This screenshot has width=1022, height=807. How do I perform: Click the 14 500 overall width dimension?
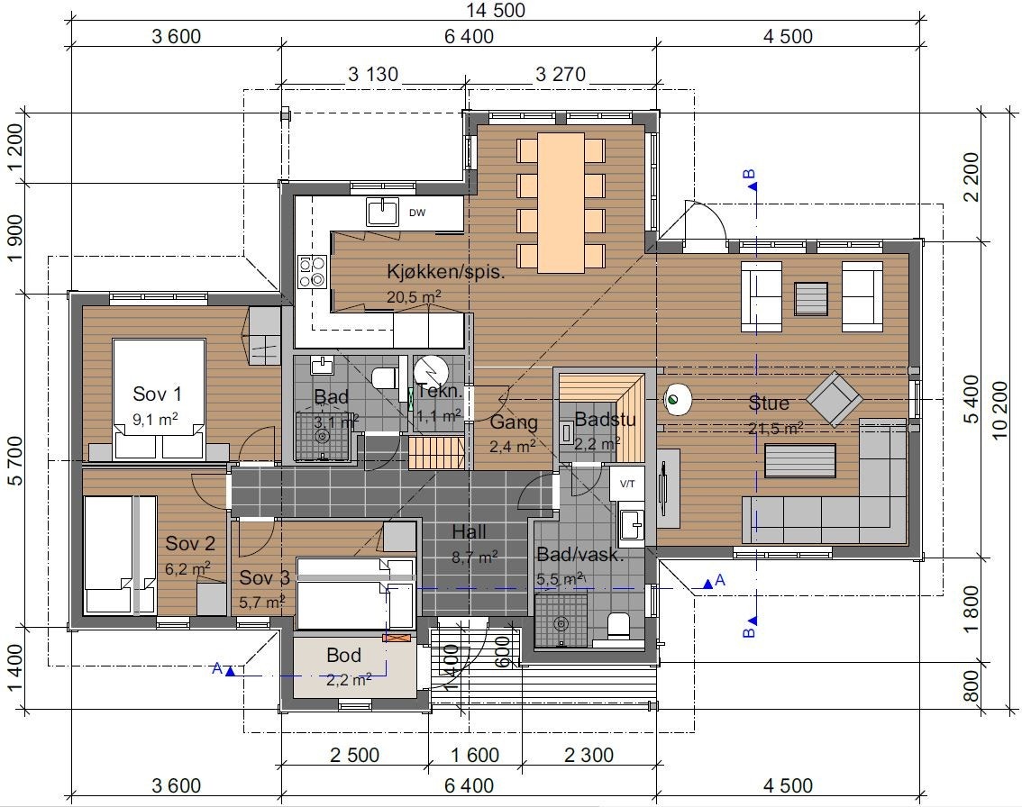tap(496, 10)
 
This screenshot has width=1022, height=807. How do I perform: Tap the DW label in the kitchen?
tap(417, 213)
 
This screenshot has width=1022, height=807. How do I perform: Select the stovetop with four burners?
tap(312, 272)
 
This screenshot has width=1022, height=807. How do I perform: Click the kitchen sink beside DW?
tap(382, 212)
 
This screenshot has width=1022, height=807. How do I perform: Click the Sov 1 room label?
tap(157, 394)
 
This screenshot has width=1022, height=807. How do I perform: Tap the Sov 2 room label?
tap(189, 543)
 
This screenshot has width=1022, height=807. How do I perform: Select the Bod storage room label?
tap(343, 656)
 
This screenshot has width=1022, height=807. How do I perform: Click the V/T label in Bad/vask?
tap(627, 484)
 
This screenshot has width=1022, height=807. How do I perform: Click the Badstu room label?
tap(605, 420)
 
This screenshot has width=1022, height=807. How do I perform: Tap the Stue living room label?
tap(769, 403)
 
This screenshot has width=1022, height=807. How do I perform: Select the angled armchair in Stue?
tap(835, 399)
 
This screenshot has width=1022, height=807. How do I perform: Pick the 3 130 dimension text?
tap(373, 74)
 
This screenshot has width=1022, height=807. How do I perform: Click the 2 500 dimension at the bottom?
tap(354, 755)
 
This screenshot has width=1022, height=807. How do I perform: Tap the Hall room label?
tap(470, 532)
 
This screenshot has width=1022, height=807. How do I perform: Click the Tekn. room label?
tap(439, 392)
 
